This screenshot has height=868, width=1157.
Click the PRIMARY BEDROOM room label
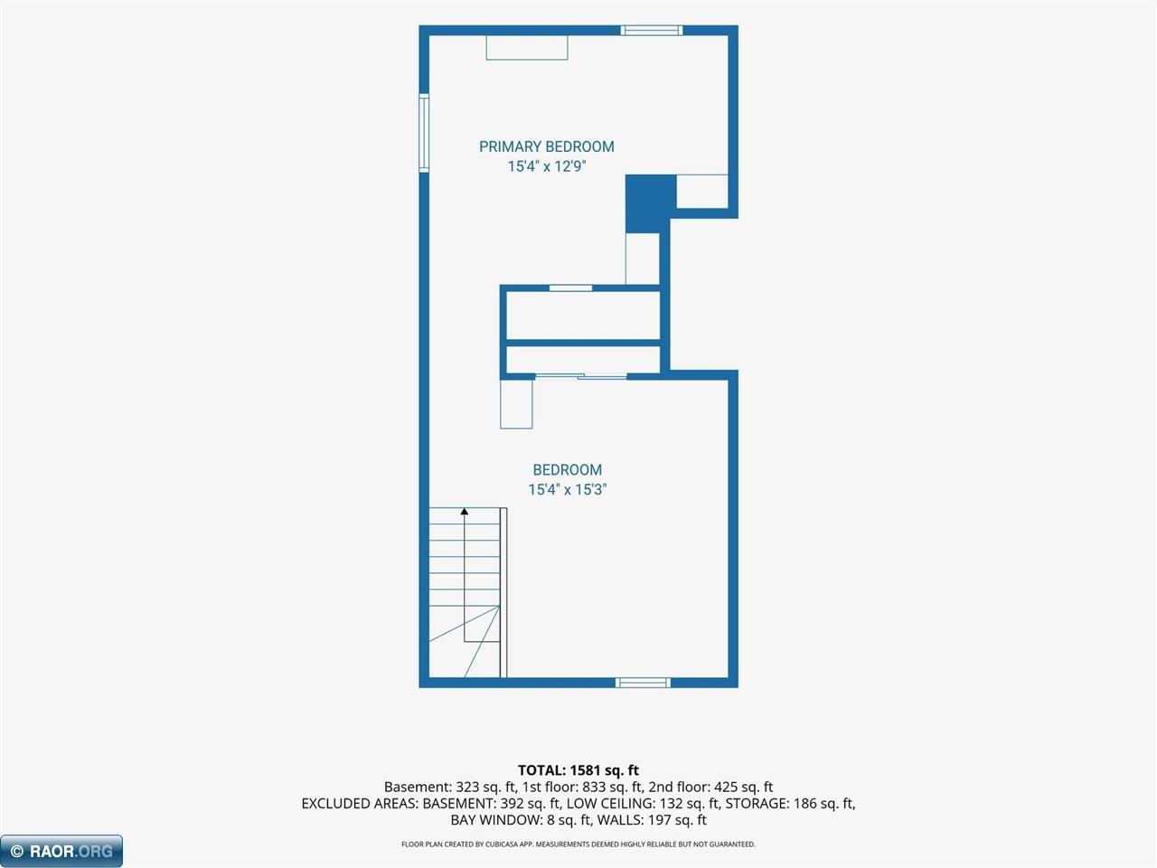pyautogui.click(x=547, y=146)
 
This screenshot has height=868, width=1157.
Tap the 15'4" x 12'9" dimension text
pyautogui.click(x=547, y=166)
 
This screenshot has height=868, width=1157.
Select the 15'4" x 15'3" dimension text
pyautogui.click(x=568, y=489)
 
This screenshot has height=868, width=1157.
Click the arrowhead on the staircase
pyautogui.click(x=465, y=511)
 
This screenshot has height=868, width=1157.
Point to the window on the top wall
pyautogui.click(x=652, y=30)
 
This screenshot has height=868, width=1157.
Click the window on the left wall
pyautogui.click(x=424, y=133)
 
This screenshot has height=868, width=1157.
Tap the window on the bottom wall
pyautogui.click(x=643, y=683)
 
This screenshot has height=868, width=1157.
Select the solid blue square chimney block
pyautogui.click(x=651, y=203)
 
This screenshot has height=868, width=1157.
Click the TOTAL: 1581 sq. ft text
pyautogui.click(x=578, y=770)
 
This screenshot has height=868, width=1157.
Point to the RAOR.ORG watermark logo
pyautogui.click(x=61, y=851)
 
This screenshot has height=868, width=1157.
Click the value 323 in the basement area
pyautogui.click(x=466, y=788)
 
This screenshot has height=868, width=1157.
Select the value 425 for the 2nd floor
pyautogui.click(x=725, y=788)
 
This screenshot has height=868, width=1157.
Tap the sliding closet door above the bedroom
pyautogui.click(x=581, y=376)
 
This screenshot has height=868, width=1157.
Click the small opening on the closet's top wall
pyautogui.click(x=571, y=288)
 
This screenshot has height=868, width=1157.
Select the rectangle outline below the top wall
pyautogui.click(x=527, y=47)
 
